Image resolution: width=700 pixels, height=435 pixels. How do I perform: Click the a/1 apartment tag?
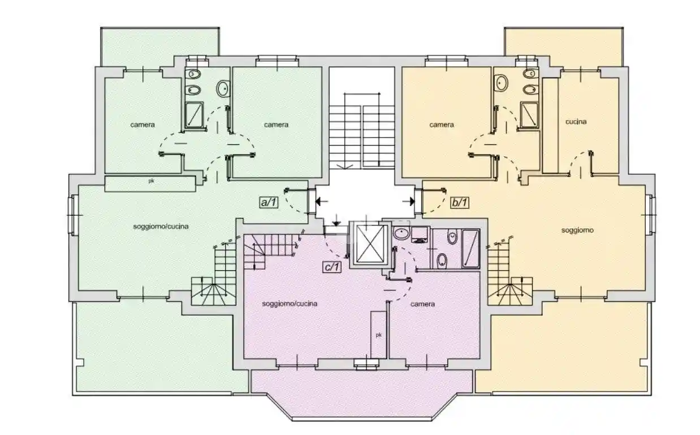click(x=269, y=202)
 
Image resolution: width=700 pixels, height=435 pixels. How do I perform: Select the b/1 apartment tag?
click(x=460, y=202)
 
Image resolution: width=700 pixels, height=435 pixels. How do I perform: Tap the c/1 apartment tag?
click(x=331, y=267)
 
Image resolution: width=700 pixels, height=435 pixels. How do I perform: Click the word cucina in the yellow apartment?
click(x=576, y=121)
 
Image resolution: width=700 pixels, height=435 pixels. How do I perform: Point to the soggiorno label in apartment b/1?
click(x=577, y=231)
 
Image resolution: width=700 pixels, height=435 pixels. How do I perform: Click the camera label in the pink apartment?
click(x=422, y=304)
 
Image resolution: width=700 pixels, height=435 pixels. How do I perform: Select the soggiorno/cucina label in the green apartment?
click(x=161, y=226)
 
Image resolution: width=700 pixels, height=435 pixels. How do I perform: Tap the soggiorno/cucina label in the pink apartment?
click(x=289, y=304)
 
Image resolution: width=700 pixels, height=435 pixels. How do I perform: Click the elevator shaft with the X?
click(x=370, y=244)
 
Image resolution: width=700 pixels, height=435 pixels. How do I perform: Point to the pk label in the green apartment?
click(x=151, y=181)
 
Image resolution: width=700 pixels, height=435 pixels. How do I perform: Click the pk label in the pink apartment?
click(x=379, y=335)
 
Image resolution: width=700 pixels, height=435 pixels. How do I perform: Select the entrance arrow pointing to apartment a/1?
click(x=322, y=201)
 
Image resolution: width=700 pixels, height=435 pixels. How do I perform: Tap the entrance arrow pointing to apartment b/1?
click(x=408, y=202)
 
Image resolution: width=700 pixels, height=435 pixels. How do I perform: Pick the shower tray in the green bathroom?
click(x=194, y=114)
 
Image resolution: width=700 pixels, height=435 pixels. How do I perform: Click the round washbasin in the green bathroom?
click(x=223, y=88)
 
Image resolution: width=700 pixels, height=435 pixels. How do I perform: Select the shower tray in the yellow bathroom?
click(x=529, y=115)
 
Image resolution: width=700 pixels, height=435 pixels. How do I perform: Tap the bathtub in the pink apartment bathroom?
click(x=470, y=249)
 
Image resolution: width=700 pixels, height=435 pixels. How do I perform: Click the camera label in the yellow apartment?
click(x=441, y=125)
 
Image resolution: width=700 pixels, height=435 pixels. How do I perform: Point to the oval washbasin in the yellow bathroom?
click(x=501, y=83)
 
